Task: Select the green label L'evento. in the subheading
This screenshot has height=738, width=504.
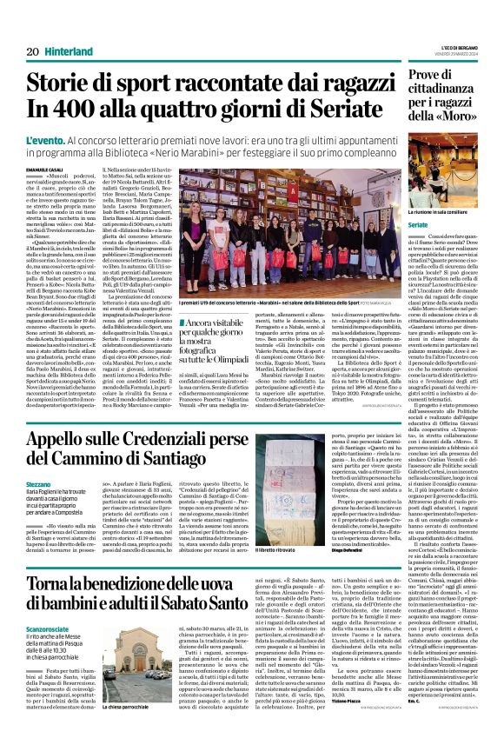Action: [x=48, y=140]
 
